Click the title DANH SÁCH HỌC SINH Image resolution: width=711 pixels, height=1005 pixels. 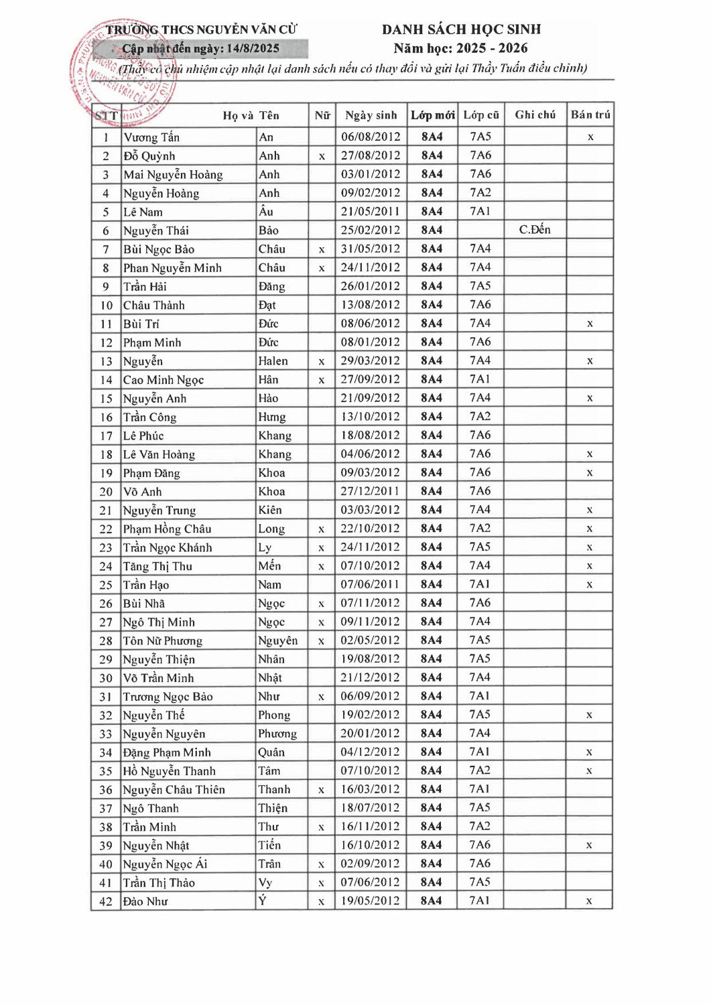point(461,29)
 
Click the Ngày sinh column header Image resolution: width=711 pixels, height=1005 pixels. point(371,115)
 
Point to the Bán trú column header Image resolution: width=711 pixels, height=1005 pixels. point(590,115)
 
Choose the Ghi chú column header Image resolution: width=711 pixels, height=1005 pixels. point(535,115)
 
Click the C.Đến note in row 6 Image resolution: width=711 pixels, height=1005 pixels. point(535,230)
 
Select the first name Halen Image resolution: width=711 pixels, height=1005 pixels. point(273,361)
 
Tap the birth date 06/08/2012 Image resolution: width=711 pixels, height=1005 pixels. point(371,137)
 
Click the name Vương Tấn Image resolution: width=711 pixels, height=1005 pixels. point(151,137)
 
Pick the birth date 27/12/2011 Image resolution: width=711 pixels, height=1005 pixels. point(371,491)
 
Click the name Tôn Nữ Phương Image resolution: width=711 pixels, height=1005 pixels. point(162,641)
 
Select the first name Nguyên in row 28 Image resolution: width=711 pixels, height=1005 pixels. point(277,641)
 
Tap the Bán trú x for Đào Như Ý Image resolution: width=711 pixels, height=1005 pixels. point(589,901)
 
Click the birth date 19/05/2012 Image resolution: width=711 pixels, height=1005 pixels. point(371,901)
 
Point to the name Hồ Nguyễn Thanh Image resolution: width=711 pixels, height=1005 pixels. point(169,771)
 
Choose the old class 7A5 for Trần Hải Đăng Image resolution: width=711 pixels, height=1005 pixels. point(480,286)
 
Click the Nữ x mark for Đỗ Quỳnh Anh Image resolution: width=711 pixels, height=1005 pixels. point(322,156)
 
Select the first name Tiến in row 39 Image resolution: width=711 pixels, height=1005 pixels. point(269,846)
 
